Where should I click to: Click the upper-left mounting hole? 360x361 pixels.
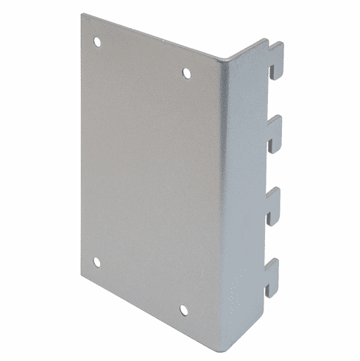point(97,42)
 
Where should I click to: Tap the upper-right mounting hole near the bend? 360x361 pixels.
point(186,73)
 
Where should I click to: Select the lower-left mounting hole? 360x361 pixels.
point(96,262)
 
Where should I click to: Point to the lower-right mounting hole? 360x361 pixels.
point(183,310)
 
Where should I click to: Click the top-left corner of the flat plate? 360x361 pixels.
point(82,15)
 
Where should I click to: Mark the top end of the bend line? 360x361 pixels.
point(225,63)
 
